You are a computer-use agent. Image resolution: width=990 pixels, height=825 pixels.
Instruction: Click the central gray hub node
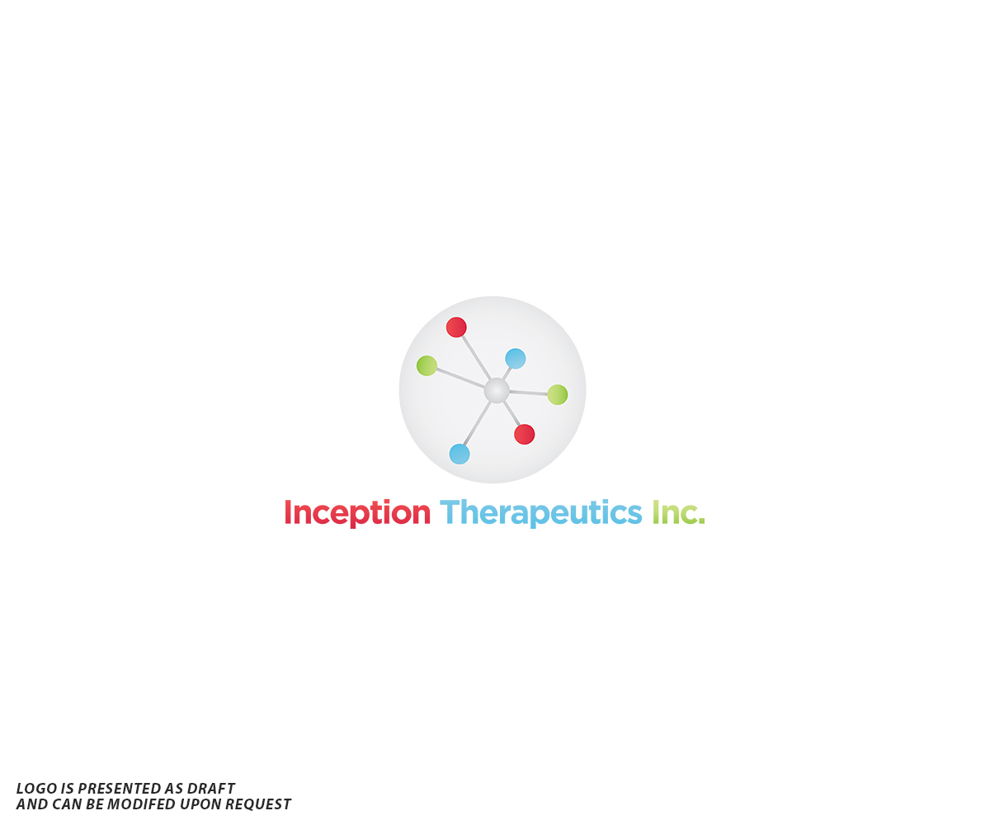click(x=497, y=390)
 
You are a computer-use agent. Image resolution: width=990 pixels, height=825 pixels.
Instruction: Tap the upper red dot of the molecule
click(x=456, y=328)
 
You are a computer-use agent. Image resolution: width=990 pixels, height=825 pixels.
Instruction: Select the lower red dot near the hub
click(x=524, y=434)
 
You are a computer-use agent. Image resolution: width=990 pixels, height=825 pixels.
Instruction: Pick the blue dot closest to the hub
click(x=516, y=359)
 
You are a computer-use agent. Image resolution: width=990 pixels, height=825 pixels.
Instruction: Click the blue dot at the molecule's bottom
click(x=460, y=454)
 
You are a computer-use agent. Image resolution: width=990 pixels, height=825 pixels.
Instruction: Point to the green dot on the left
click(x=427, y=365)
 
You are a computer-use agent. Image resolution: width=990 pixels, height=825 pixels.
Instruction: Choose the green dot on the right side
click(x=558, y=395)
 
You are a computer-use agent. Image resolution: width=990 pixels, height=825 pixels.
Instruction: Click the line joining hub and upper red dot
click(x=475, y=356)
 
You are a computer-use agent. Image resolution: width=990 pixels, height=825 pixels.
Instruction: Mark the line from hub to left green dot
click(x=460, y=378)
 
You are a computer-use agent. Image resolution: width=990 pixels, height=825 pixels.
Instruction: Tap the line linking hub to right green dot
click(x=528, y=393)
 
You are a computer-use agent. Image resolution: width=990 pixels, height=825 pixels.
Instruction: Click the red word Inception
click(x=357, y=513)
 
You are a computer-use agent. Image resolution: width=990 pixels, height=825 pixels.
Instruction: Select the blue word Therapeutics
click(x=540, y=513)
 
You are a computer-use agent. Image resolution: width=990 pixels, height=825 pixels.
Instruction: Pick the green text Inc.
click(x=678, y=513)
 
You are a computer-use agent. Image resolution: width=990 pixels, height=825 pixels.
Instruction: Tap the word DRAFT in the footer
click(x=211, y=789)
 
